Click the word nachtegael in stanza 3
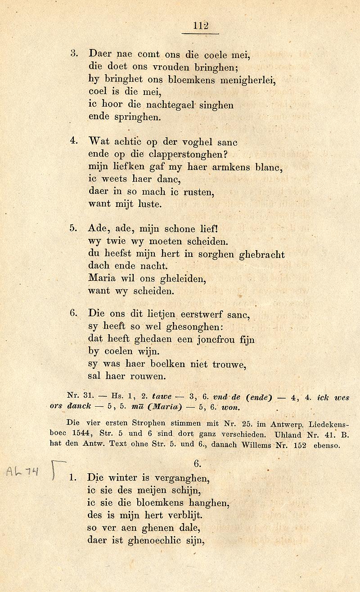pos(173,105)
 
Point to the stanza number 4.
pos(74,141)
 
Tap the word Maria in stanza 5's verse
pos(101,278)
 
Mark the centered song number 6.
pos(197,463)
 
